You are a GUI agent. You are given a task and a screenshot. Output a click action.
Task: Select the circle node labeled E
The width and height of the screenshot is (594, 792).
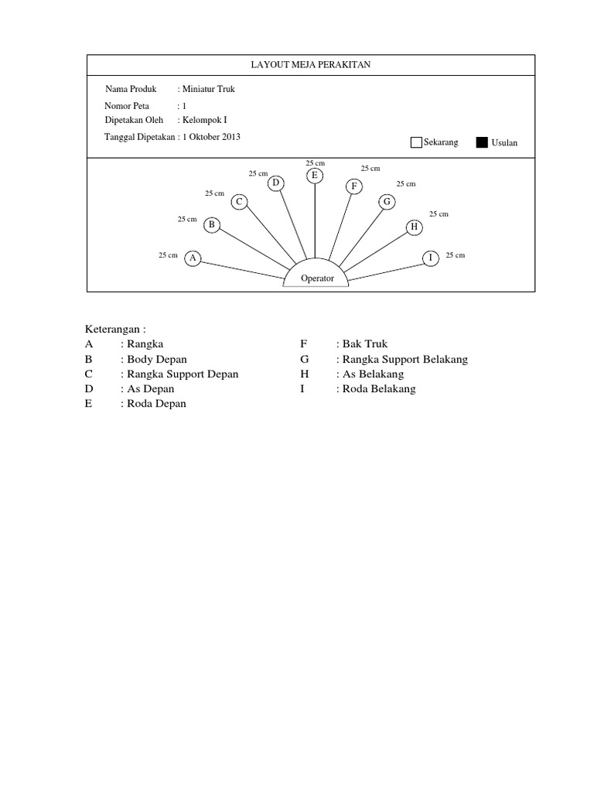pyautogui.click(x=314, y=176)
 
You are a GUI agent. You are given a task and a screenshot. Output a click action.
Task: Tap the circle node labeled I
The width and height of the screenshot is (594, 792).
pyautogui.click(x=429, y=258)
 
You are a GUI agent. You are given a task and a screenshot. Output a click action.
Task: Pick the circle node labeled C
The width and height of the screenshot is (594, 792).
pyautogui.click(x=240, y=202)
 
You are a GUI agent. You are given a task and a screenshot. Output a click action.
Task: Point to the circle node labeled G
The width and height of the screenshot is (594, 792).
pyautogui.click(x=386, y=202)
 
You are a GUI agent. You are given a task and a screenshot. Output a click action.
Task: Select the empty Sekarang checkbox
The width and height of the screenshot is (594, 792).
pyautogui.click(x=416, y=142)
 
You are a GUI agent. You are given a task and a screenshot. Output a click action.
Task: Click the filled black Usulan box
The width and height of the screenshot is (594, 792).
pyautogui.click(x=482, y=142)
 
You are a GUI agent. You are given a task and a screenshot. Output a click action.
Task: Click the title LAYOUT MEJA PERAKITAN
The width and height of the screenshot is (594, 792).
pyautogui.click(x=310, y=65)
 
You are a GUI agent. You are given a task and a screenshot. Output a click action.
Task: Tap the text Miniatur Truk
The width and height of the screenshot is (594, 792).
pyautogui.click(x=208, y=90)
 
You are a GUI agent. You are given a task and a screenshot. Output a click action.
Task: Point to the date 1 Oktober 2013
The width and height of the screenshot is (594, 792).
pyautogui.click(x=212, y=137)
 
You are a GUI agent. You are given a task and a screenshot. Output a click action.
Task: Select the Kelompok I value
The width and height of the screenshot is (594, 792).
pyautogui.click(x=204, y=120)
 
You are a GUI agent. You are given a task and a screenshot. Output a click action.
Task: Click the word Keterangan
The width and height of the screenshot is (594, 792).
pyautogui.click(x=116, y=329)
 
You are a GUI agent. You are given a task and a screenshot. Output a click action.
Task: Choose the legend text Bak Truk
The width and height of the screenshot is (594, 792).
pyautogui.click(x=365, y=344)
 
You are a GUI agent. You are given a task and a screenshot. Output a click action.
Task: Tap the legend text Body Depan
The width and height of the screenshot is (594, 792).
pyautogui.click(x=157, y=360)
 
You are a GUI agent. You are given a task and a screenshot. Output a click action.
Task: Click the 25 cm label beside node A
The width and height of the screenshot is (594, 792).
pyautogui.click(x=168, y=254)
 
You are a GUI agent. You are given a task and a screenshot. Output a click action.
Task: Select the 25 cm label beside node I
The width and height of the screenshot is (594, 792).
pyautogui.click(x=456, y=254)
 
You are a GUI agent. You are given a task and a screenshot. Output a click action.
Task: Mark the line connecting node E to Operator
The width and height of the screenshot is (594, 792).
pyautogui.click(x=315, y=220)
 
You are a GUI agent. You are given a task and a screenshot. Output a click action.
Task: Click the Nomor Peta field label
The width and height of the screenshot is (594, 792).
pyautogui.click(x=128, y=106)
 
